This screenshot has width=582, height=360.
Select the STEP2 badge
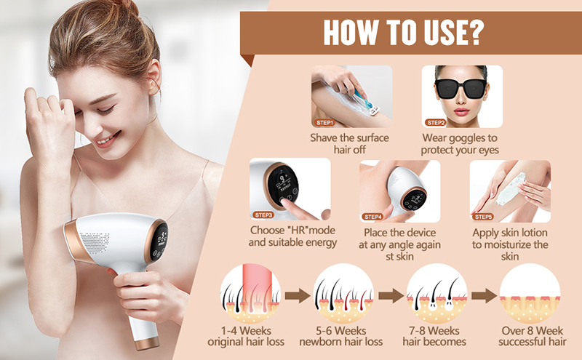pos(436,123)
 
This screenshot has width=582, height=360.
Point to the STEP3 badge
pos(263,215)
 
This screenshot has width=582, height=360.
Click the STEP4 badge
pos(373,216)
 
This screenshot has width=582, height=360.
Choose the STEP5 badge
pos(485,216)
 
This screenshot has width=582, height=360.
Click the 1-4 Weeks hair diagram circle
pos(250,295)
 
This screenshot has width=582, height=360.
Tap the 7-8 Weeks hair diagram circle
pos(436,295)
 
